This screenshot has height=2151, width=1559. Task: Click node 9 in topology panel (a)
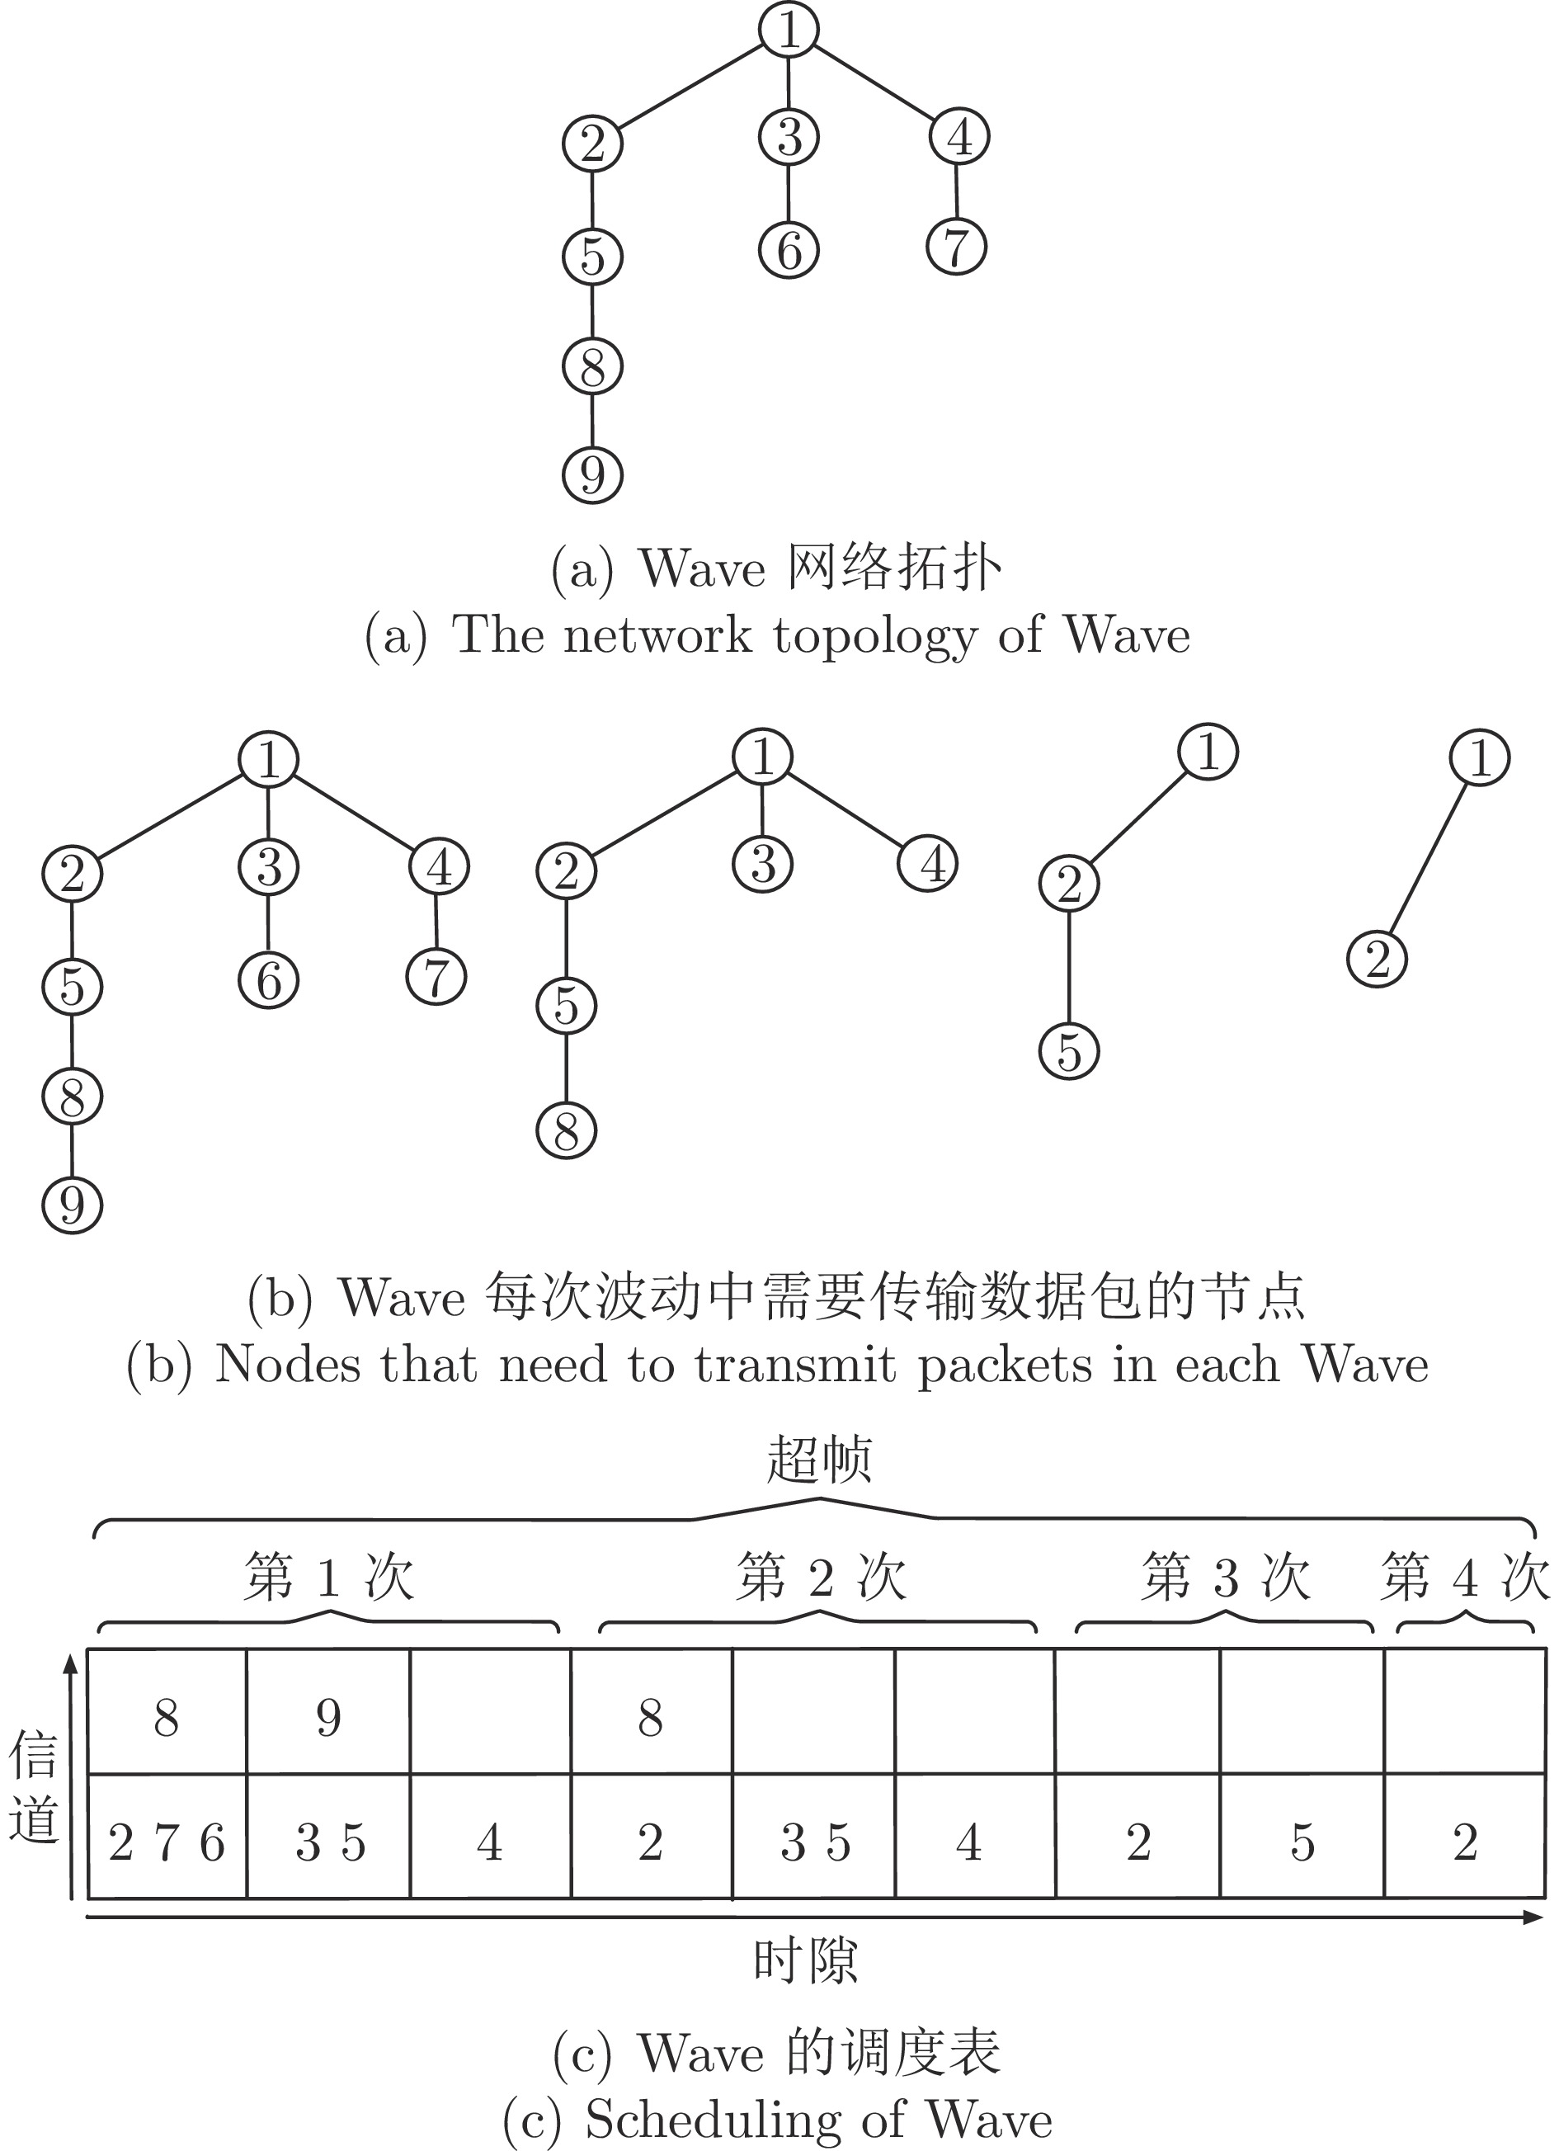click(593, 474)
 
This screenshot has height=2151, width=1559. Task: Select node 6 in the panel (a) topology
click(789, 249)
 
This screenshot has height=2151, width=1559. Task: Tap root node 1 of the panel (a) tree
click(789, 30)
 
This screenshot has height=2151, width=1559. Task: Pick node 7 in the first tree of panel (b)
click(436, 976)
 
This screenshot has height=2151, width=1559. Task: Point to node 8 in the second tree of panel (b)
click(566, 1130)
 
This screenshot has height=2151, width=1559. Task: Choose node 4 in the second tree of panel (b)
click(928, 863)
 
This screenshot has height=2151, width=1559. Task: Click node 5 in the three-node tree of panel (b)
click(1070, 1051)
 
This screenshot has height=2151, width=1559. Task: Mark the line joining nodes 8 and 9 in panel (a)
click(593, 419)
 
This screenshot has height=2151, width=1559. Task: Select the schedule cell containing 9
click(328, 1713)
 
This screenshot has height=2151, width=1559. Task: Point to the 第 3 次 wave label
click(1226, 1578)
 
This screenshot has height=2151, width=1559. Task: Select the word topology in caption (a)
click(874, 637)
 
